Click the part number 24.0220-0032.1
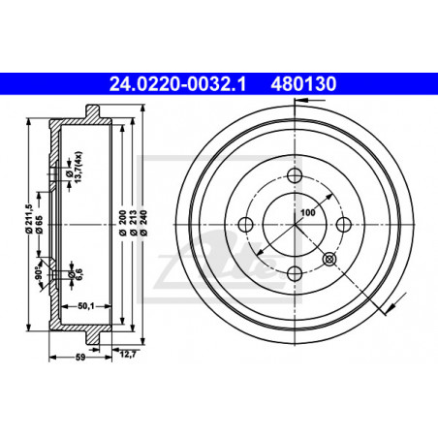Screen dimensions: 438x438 pyautogui.click(x=177, y=84)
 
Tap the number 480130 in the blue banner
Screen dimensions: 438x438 pyautogui.click(x=303, y=84)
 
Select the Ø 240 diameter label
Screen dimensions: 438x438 pyautogui.click(x=143, y=223)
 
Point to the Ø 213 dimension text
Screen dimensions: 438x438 pyautogui.click(x=133, y=223)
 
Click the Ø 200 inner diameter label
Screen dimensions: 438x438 pyautogui.click(x=122, y=223)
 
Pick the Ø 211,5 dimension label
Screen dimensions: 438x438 pyautogui.click(x=29, y=219)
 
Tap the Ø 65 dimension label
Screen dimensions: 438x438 pyautogui.click(x=40, y=225)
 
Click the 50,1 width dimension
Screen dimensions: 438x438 pyautogui.click(x=86, y=306)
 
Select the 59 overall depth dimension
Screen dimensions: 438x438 pyautogui.click(x=80, y=358)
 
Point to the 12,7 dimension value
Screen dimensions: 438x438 pyautogui.click(x=128, y=355)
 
